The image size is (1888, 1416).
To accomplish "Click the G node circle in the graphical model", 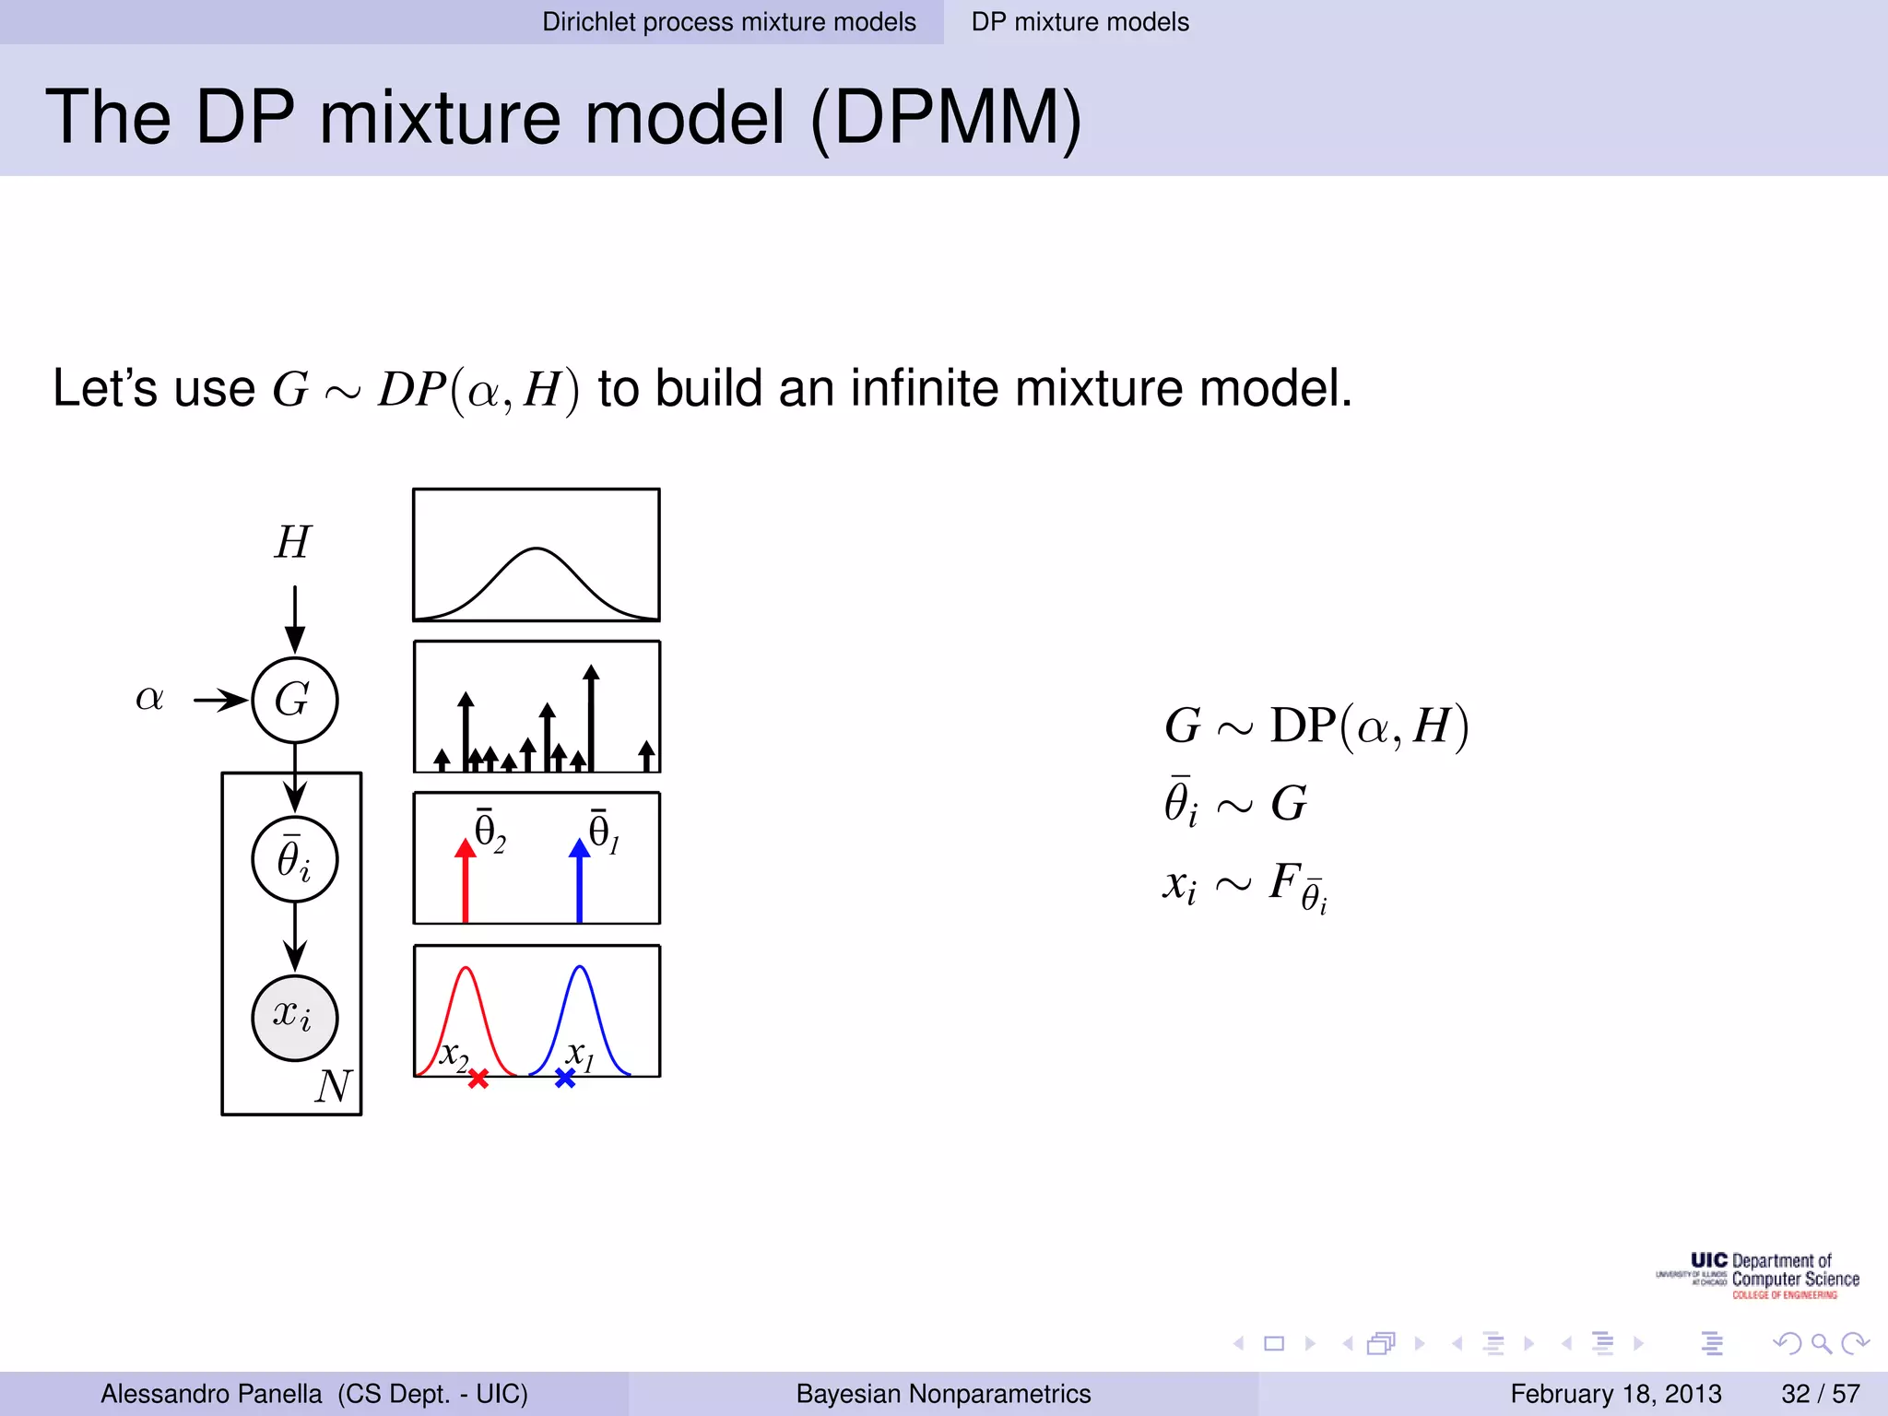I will tap(295, 701).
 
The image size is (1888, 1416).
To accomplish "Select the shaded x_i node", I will tap(295, 1018).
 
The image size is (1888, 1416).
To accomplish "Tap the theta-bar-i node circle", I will tap(295, 859).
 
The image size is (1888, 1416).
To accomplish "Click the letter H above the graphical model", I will tap(293, 542).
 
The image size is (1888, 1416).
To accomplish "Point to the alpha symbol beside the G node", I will tap(149, 698).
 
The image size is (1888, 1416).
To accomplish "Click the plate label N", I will tap(333, 1086).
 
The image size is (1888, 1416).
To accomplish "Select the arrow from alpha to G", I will tap(221, 701).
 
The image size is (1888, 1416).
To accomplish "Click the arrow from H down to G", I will tap(295, 619).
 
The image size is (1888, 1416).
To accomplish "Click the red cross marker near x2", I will tap(478, 1079).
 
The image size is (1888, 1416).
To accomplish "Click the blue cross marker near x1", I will tap(565, 1078).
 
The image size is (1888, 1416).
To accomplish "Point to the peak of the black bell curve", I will tap(537, 549).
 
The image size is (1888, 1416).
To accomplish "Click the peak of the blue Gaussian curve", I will tap(580, 967).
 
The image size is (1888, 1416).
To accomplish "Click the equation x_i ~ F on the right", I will tap(1245, 885).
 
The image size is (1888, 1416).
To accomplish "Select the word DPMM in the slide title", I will tap(946, 118).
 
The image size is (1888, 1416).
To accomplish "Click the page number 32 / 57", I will tap(1820, 1394).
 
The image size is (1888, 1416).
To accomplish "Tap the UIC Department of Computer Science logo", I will tap(1758, 1276).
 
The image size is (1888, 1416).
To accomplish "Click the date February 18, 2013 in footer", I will tap(1615, 1394).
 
